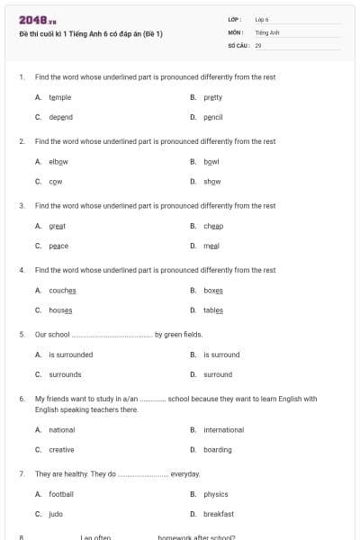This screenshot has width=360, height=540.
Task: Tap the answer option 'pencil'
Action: (212, 117)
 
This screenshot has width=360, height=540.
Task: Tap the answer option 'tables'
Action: (213, 310)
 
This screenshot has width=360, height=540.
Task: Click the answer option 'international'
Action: (223, 430)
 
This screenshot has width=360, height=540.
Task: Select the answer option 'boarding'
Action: (218, 450)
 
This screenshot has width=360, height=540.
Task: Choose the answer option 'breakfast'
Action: (219, 514)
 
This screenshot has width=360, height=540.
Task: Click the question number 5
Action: (21, 334)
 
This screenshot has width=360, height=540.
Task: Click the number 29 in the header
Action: (258, 44)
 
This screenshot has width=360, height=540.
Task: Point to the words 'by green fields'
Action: (179, 334)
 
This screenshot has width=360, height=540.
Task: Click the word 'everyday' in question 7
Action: (185, 473)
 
